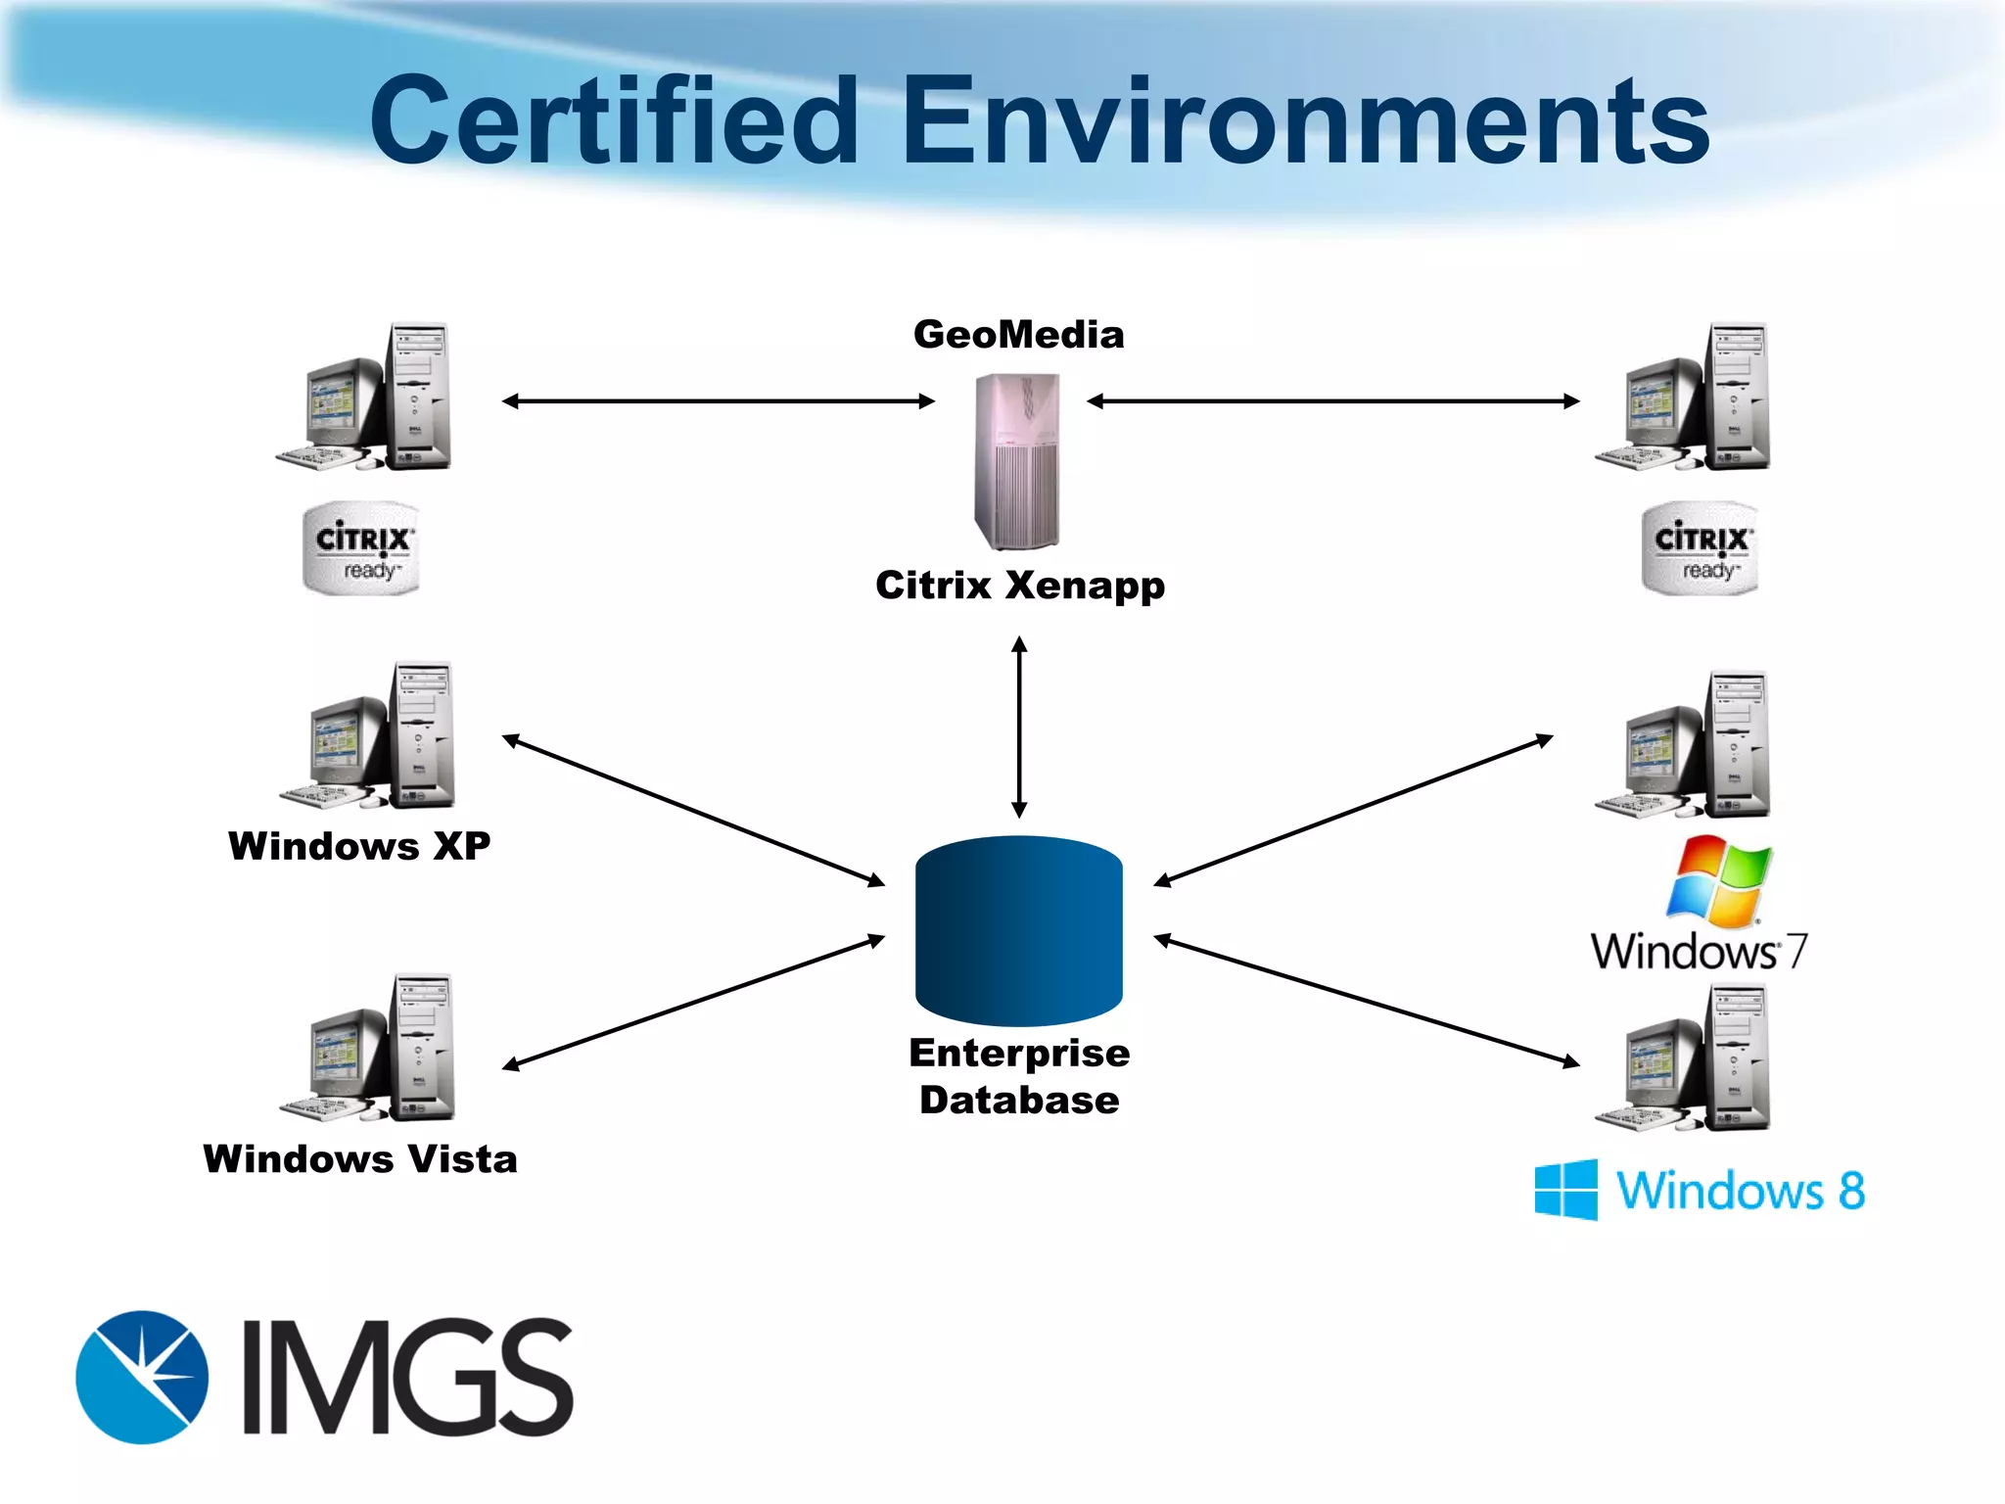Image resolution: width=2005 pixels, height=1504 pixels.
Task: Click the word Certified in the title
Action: [615, 121]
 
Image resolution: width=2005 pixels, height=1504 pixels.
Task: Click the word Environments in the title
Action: [1304, 121]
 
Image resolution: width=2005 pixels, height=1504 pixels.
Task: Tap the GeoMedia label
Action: [1018, 335]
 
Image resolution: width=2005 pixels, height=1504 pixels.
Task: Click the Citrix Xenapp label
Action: [1019, 586]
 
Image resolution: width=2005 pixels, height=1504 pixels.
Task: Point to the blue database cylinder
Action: [1018, 930]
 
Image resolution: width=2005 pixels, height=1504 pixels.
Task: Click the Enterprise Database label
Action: [1018, 1076]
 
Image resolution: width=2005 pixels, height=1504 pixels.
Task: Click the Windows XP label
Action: [359, 846]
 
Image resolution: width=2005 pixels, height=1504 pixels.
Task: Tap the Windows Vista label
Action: [359, 1159]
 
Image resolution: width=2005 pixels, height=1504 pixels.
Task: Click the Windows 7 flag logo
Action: [1719, 880]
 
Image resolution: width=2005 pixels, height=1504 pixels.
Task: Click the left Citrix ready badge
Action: [361, 548]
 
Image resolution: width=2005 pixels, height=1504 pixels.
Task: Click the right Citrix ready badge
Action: [1701, 548]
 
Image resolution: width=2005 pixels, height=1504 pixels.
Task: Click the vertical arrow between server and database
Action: [1019, 727]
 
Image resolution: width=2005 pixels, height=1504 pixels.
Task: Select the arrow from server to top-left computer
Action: [718, 400]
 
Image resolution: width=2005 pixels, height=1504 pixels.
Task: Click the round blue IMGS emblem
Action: [143, 1377]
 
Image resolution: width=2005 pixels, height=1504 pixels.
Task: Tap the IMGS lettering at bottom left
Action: [406, 1377]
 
